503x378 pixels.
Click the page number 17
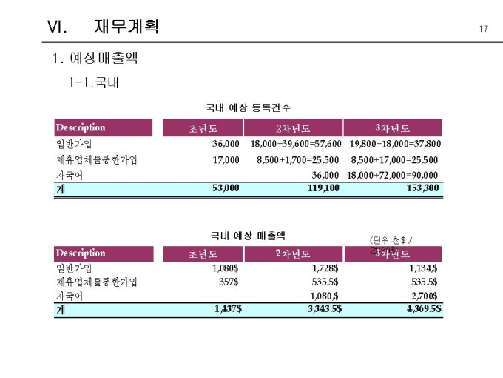pyautogui.click(x=484, y=29)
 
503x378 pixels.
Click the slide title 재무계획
pyautogui.click(x=126, y=27)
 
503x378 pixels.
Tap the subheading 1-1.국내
pyautogui.click(x=92, y=82)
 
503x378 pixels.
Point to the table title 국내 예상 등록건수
pyautogui.click(x=248, y=108)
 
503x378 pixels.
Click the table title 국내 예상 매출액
pyautogui.click(x=248, y=236)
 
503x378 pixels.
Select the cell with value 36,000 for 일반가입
pyautogui.click(x=226, y=143)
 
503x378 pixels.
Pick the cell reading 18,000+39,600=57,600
pyautogui.click(x=296, y=143)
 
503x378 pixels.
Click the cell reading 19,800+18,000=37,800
pyautogui.click(x=395, y=143)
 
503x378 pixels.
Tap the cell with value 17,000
pyautogui.click(x=226, y=159)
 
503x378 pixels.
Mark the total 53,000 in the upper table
pyautogui.click(x=225, y=188)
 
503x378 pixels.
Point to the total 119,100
pyautogui.click(x=323, y=188)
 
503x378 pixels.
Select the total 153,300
pyautogui.click(x=422, y=188)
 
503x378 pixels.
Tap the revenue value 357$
pyautogui.click(x=229, y=282)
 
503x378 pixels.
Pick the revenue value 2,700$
pyautogui.click(x=423, y=296)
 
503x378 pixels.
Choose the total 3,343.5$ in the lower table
pyautogui.click(x=324, y=308)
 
